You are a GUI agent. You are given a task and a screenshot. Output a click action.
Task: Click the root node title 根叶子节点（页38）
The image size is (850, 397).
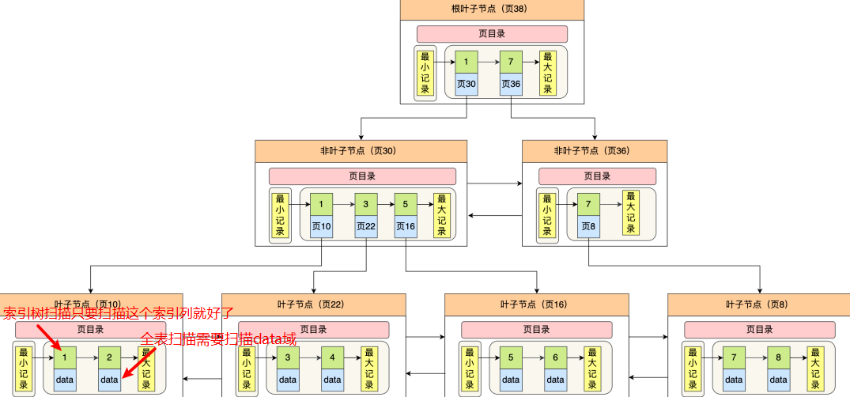pyautogui.click(x=492, y=9)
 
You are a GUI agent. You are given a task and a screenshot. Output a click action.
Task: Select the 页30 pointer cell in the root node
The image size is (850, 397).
pyautogui.click(x=467, y=84)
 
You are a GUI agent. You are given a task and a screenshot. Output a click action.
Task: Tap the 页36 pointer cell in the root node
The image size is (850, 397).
pyautogui.click(x=511, y=84)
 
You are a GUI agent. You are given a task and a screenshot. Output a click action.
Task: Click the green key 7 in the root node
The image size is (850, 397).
pyautogui.click(x=511, y=62)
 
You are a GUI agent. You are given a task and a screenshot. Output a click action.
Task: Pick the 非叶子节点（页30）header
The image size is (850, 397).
pyautogui.click(x=361, y=150)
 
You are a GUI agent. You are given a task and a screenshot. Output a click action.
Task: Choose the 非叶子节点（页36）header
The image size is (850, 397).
pyautogui.click(x=594, y=150)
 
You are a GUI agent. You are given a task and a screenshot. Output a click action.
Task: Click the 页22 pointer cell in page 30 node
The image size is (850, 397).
pyautogui.click(x=366, y=226)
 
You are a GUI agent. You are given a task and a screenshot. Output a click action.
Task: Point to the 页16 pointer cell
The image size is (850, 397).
pyautogui.click(x=406, y=226)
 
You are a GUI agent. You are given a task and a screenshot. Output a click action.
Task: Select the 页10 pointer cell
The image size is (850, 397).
pyautogui.click(x=322, y=226)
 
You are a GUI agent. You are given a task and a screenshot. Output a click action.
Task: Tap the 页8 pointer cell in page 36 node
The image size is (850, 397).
pyautogui.click(x=589, y=226)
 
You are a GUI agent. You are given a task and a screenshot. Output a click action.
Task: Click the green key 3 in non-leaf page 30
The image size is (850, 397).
pyautogui.click(x=366, y=204)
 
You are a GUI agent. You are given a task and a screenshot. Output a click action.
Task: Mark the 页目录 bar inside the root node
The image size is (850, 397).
pyautogui.click(x=492, y=34)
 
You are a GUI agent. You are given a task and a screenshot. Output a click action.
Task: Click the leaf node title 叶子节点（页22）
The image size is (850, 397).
pyautogui.click(x=313, y=304)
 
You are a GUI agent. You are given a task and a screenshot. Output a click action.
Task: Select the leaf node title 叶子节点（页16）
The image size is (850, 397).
pyautogui.click(x=536, y=304)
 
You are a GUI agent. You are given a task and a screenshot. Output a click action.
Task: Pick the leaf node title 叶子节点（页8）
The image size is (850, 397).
pyautogui.click(x=758, y=304)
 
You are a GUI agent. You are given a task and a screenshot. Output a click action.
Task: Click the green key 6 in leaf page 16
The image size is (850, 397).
pyautogui.click(x=555, y=357)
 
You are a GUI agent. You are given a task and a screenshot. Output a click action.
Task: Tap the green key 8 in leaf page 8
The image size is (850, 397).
pyautogui.click(x=778, y=357)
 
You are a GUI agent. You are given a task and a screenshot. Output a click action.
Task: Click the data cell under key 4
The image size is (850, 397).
pyautogui.click(x=332, y=380)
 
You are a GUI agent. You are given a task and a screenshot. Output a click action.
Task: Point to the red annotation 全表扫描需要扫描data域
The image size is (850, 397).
pyautogui.click(x=218, y=338)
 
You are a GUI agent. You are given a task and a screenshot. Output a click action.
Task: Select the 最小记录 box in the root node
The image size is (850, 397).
pyautogui.click(x=425, y=73)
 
